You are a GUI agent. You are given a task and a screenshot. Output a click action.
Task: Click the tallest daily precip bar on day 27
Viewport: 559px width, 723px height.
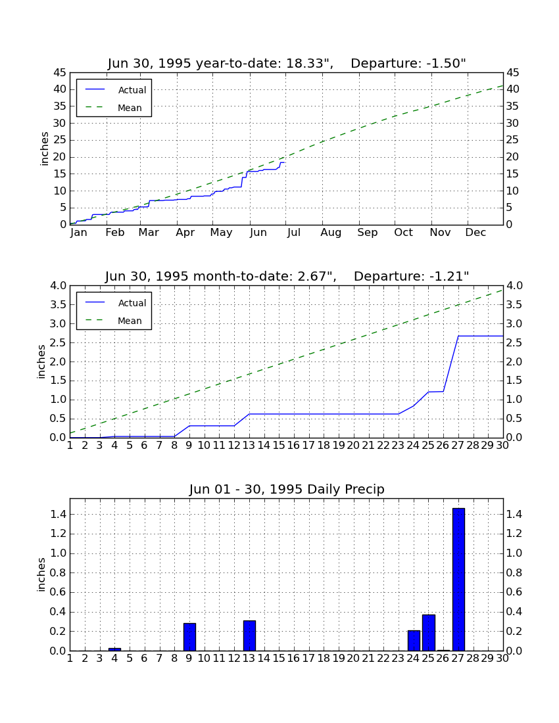[x=458, y=579]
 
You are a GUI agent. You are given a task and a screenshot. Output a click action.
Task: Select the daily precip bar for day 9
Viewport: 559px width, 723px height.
[x=189, y=637]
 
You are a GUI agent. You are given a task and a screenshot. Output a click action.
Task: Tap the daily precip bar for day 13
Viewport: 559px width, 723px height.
[x=249, y=636]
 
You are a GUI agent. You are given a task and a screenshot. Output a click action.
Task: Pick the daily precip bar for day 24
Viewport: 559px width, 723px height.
[x=414, y=640]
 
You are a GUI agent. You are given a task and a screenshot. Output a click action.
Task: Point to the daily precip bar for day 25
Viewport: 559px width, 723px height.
[x=429, y=632]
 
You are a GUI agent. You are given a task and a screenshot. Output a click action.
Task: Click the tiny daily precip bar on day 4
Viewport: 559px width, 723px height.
[x=115, y=649]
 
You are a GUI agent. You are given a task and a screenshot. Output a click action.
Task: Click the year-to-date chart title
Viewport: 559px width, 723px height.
[x=287, y=63]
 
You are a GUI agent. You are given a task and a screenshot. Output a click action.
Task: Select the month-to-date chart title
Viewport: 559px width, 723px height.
[x=287, y=276]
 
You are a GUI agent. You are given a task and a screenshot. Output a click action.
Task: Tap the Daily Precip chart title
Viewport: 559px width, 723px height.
[x=287, y=489]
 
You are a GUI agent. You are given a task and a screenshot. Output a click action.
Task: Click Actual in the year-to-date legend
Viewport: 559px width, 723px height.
[x=132, y=90]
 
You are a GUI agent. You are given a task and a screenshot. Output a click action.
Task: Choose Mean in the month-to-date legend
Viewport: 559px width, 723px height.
[x=130, y=321]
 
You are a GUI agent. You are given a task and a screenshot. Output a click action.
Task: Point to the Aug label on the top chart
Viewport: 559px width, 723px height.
[x=331, y=233]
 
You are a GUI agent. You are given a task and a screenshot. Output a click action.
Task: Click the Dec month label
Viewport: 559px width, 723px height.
[x=475, y=233]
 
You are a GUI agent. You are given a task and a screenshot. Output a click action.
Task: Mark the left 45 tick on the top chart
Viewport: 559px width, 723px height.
[x=60, y=73]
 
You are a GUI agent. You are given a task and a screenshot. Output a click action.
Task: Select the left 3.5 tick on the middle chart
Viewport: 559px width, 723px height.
[x=58, y=305]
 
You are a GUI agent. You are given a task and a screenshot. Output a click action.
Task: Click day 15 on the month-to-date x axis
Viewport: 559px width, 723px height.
[x=279, y=446]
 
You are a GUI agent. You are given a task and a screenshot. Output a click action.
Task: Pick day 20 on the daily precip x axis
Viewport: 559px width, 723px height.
[x=353, y=659]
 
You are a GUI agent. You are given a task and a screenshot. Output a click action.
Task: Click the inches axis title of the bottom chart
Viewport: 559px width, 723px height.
[x=41, y=574]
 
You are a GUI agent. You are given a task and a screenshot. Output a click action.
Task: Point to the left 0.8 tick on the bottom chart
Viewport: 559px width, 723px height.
[x=58, y=572]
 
